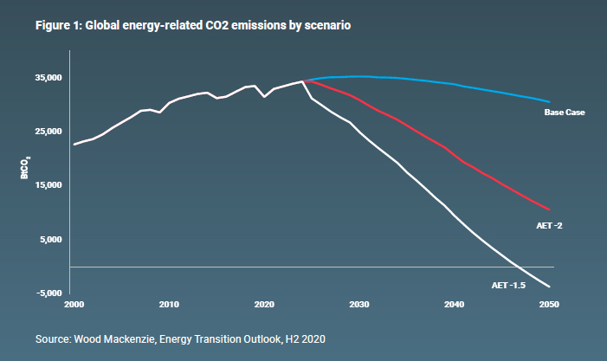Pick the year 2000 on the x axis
pyautogui.click(x=74, y=305)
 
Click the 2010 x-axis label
pyautogui.click(x=169, y=305)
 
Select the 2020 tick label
pyautogui.click(x=264, y=305)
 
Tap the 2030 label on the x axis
pyautogui.click(x=359, y=305)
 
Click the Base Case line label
pyautogui.click(x=565, y=113)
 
